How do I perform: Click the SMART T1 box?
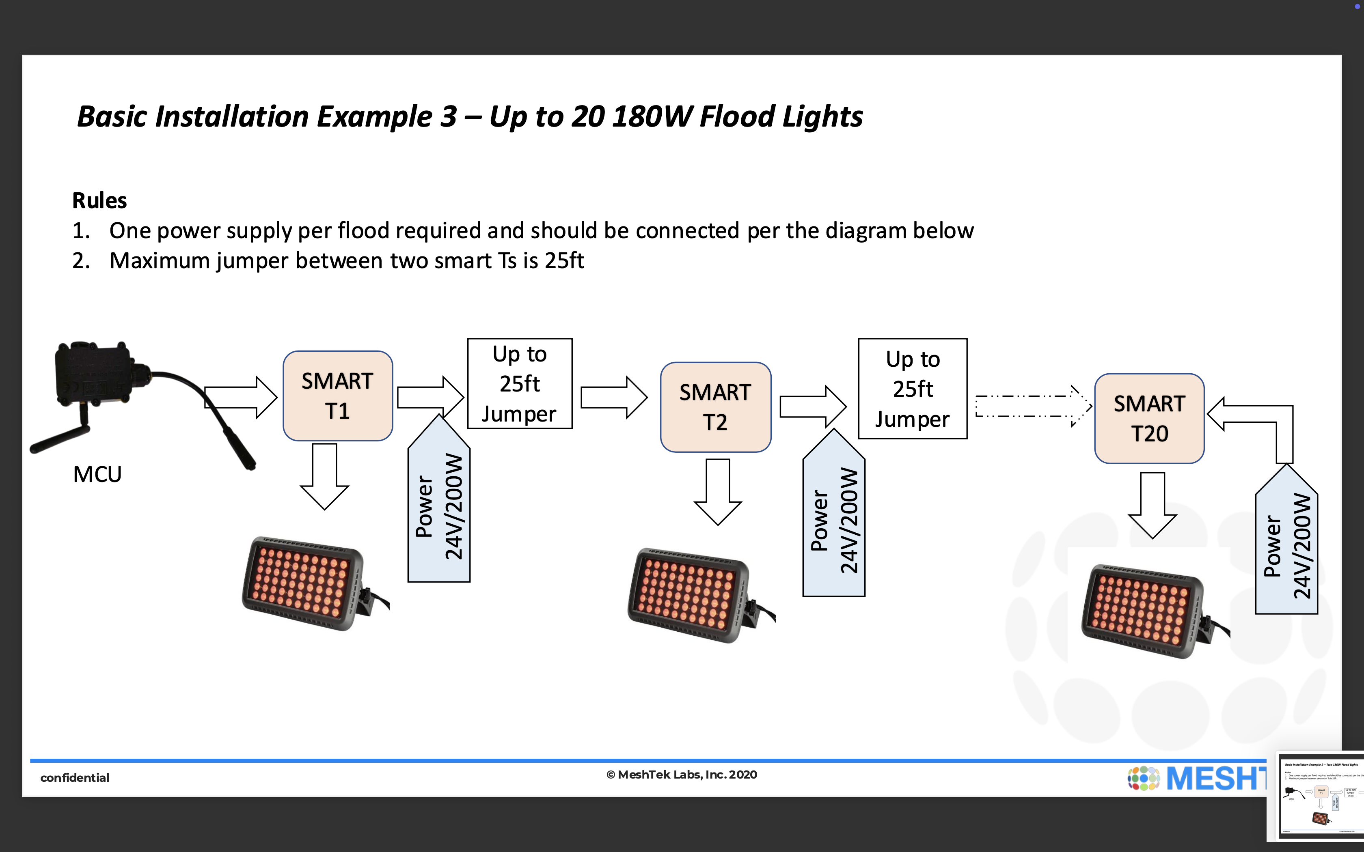tap(338, 396)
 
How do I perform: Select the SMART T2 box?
tap(715, 407)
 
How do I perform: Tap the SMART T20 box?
tap(1149, 418)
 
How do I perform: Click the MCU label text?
tap(97, 474)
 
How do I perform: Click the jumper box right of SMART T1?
tap(520, 384)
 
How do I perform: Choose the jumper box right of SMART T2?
tap(913, 389)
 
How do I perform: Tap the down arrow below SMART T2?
tap(717, 491)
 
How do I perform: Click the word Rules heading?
tap(99, 200)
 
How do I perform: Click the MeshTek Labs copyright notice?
tap(682, 775)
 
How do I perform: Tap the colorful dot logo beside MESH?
tap(1143, 778)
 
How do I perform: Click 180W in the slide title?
tap(652, 117)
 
